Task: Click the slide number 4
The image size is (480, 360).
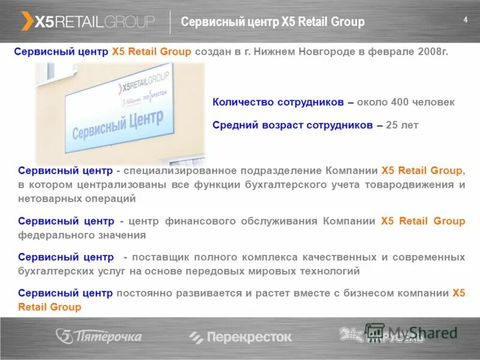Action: tap(465, 20)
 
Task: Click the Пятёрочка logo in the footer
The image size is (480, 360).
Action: tap(99, 337)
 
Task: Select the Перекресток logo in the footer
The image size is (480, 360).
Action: tap(240, 337)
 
